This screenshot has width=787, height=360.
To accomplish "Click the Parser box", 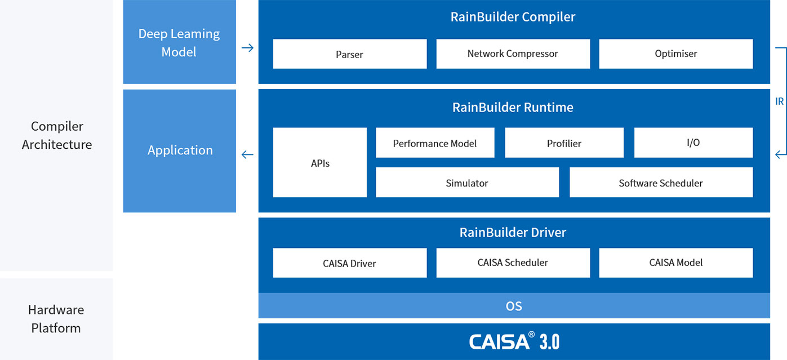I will click(x=349, y=54).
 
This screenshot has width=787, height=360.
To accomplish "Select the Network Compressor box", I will click(x=513, y=54).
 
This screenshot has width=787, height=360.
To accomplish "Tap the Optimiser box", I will click(x=675, y=54).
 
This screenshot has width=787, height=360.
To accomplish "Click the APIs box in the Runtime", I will click(x=320, y=163).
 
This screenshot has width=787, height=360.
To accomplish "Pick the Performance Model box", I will click(x=434, y=143).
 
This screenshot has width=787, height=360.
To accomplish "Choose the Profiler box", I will click(x=564, y=143).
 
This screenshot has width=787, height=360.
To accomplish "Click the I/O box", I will click(x=693, y=143).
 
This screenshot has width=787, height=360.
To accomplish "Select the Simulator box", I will click(x=467, y=183).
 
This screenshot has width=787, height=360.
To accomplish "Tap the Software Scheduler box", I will click(x=661, y=183).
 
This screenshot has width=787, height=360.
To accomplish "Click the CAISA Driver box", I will click(x=349, y=263).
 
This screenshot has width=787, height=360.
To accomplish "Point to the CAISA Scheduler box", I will click(x=513, y=263).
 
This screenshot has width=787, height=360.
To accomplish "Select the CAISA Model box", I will click(x=675, y=263).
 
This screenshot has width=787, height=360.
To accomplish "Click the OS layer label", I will click(x=514, y=306).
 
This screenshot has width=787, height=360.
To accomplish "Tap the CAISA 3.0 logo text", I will click(x=514, y=341).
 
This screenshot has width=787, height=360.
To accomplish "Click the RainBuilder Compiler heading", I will click(x=513, y=17).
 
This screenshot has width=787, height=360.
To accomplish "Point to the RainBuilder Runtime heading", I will click(x=513, y=107).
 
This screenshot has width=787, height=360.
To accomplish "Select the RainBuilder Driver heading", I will click(x=513, y=232).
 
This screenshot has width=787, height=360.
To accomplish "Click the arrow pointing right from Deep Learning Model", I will click(x=247, y=48).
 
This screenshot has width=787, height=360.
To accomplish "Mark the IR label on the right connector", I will click(x=780, y=102).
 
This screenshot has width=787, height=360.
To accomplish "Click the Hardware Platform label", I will click(x=56, y=319).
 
